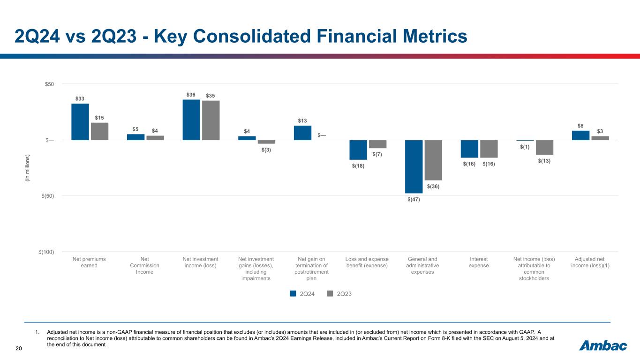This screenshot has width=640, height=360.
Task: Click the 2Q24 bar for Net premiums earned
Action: click(80, 122)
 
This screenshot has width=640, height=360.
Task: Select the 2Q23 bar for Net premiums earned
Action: click(99, 131)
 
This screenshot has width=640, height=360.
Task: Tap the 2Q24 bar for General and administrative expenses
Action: click(414, 166)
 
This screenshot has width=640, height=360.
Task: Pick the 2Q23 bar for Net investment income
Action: click(211, 120)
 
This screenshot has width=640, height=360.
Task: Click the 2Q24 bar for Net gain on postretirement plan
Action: click(302, 133)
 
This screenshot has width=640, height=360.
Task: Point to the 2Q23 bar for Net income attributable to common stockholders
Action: click(544, 147)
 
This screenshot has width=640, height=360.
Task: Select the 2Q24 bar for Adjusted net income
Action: click(580, 135)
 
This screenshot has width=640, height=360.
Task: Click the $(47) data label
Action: click(414, 200)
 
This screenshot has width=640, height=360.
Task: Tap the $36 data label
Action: click(190, 95)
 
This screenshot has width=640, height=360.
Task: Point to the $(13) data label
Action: click(544, 161)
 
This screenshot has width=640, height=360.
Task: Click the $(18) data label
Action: click(359, 166)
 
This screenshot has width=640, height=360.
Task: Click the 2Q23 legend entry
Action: click(339, 294)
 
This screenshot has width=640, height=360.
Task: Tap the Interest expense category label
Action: click(479, 262)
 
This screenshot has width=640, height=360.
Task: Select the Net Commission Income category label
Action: click(144, 265)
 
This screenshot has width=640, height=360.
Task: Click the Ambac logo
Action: click(603, 346)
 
